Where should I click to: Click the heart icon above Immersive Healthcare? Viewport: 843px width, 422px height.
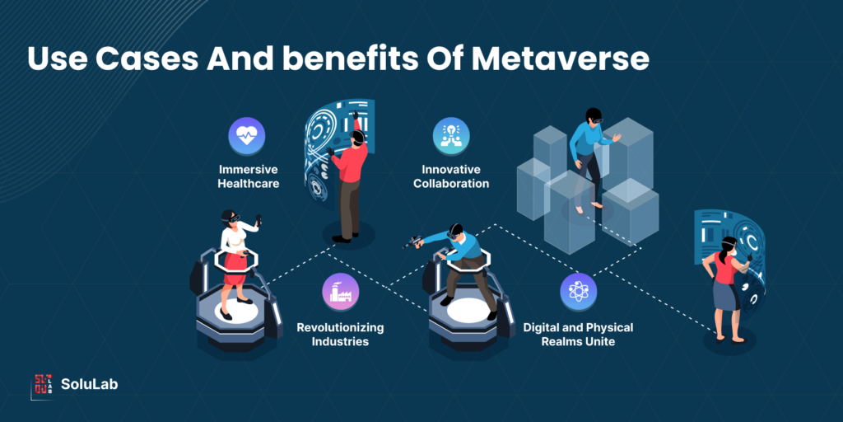click(247, 137)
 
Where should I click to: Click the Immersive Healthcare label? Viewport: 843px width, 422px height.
click(248, 176)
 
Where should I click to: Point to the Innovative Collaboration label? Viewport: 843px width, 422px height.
click(451, 176)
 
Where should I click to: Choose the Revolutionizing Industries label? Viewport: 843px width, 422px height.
click(340, 334)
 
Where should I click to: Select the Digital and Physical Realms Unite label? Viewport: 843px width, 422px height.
click(578, 334)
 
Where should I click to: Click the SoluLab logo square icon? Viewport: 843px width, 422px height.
click(43, 383)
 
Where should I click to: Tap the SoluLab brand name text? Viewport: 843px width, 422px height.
click(89, 384)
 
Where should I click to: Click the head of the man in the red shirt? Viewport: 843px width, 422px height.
click(356, 139)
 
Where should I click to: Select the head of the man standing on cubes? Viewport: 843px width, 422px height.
click(594, 116)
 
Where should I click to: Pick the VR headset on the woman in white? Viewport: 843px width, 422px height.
click(231, 218)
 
